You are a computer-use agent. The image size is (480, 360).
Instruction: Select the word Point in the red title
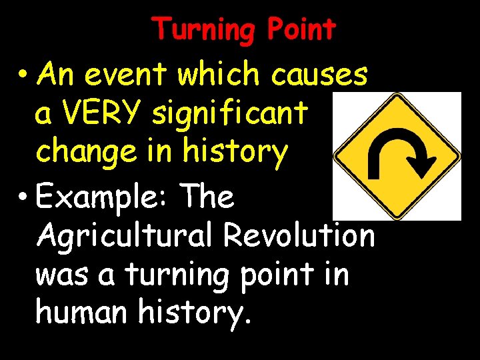tap(302, 30)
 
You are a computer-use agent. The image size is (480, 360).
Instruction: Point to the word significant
tap(230, 114)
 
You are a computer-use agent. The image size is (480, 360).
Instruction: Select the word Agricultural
tap(127, 236)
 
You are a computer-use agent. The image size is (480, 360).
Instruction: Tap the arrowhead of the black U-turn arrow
tap(423, 162)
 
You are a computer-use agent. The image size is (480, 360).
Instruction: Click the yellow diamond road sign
tap(397, 156)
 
